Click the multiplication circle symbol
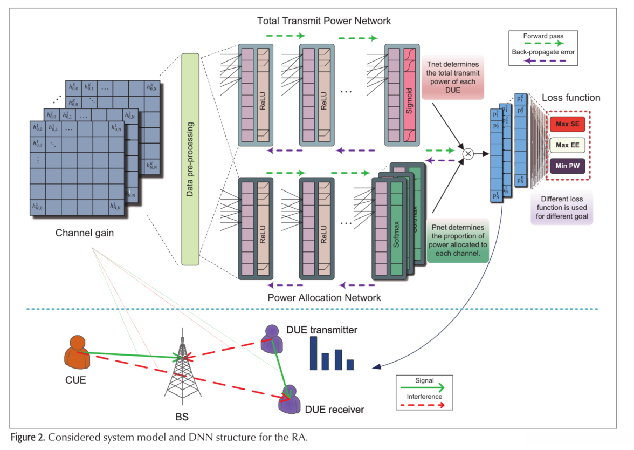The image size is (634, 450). pyautogui.click(x=468, y=154)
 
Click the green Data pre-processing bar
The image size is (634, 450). pyautogui.click(x=190, y=159)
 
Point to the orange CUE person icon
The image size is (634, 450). pyautogui.click(x=77, y=353)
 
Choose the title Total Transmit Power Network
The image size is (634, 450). pyautogui.click(x=323, y=21)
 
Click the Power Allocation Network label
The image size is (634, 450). pyautogui.click(x=324, y=297)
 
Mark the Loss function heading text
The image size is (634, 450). pyautogui.click(x=570, y=98)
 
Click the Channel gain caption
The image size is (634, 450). pyautogui.click(x=85, y=234)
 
